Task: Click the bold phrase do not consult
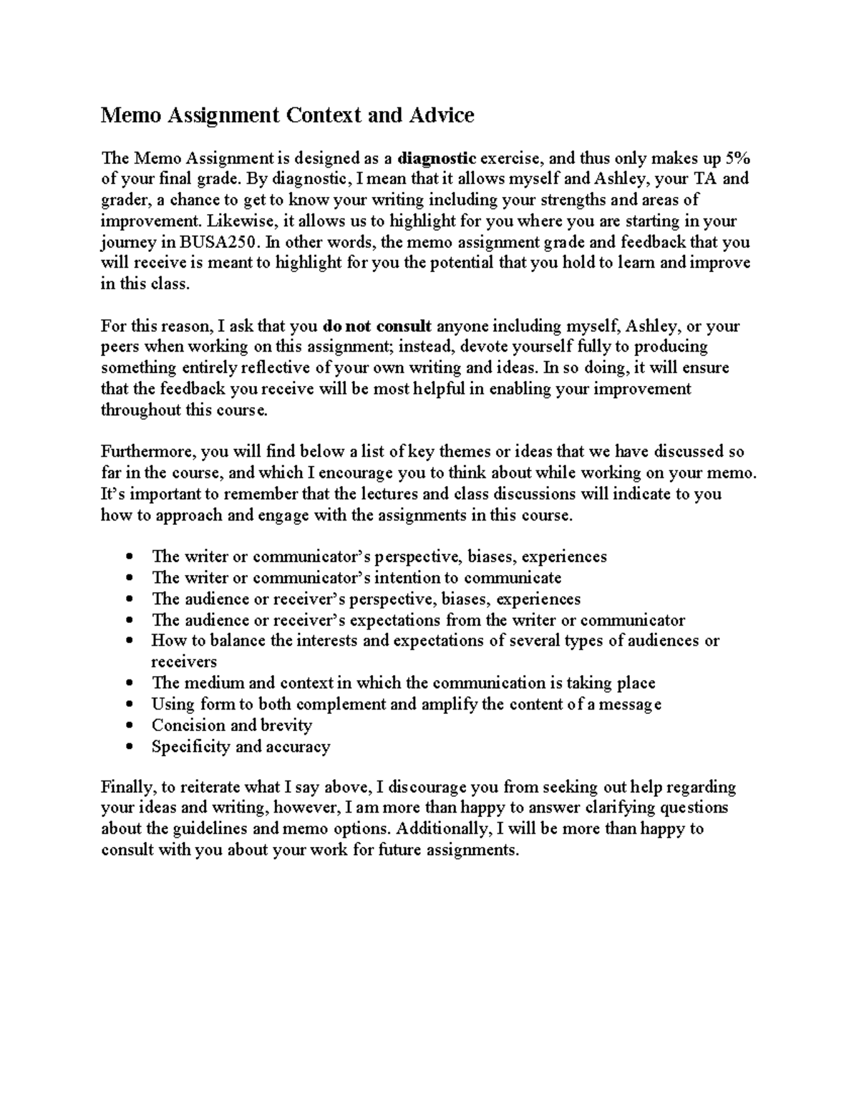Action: point(377,327)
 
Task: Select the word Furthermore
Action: point(148,452)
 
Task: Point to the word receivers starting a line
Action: point(183,662)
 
